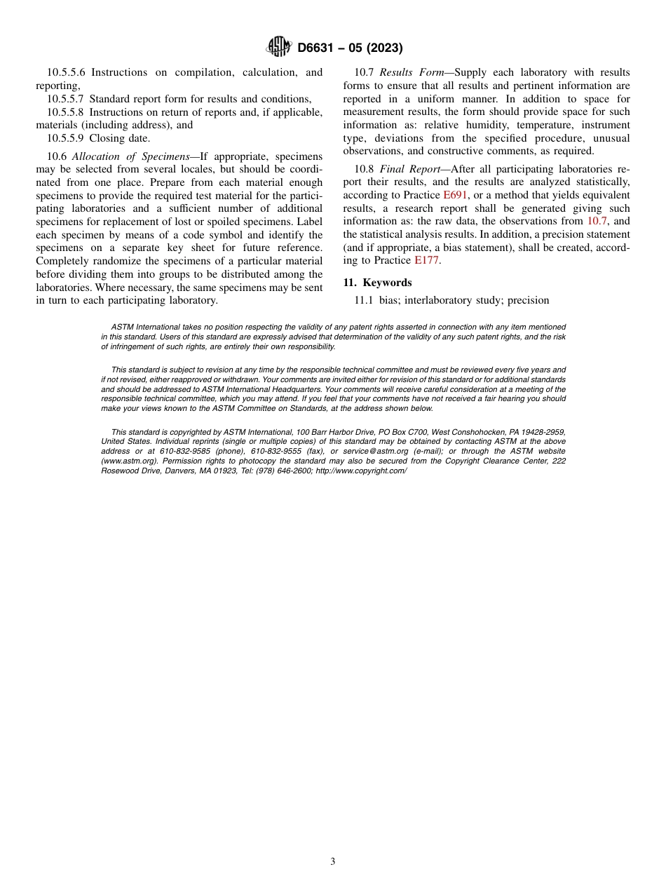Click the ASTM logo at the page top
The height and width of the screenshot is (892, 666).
point(280,48)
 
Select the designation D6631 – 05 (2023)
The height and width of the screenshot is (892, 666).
point(350,48)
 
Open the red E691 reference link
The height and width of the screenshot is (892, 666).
point(455,195)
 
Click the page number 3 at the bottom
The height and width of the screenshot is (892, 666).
point(333,862)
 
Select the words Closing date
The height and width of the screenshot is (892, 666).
point(119,138)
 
